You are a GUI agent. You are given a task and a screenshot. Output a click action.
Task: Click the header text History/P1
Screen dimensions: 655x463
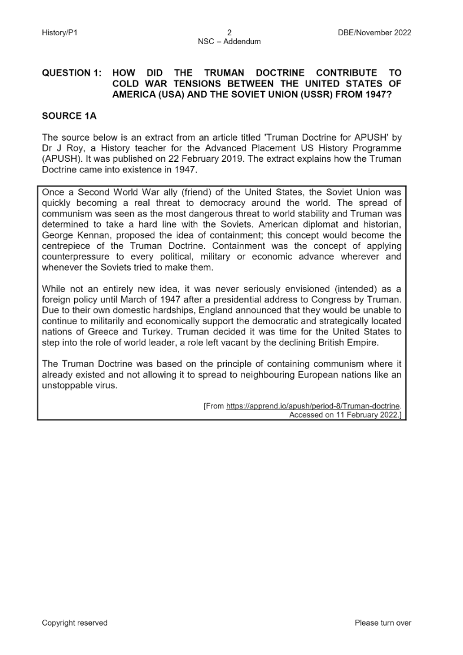59,32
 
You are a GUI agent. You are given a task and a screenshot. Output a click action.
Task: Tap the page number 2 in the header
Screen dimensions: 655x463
230,32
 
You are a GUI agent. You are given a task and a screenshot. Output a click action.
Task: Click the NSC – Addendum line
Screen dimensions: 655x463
230,41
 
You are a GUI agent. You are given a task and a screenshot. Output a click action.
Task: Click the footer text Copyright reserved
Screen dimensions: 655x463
75,623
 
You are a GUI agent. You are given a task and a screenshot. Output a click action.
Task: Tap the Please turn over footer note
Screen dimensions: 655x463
383,623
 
